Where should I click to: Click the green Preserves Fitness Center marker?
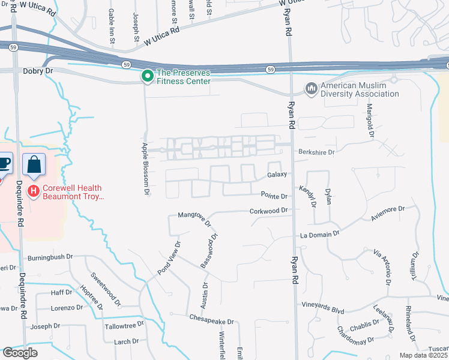pyautogui.click(x=146, y=76)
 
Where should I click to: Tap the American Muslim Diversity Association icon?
pyautogui.click(x=311, y=89)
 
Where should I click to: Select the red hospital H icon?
pyautogui.click(x=34, y=191)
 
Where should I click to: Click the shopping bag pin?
pyautogui.click(x=34, y=164)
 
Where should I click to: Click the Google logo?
pyautogui.click(x=19, y=352)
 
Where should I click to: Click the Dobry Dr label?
pyautogui.click(x=38, y=71)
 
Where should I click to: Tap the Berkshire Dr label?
pyautogui.click(x=316, y=152)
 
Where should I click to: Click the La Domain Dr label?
pyautogui.click(x=319, y=234)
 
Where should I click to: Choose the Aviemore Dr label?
pyautogui.click(x=388, y=214)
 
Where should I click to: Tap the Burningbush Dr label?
pyautogui.click(x=50, y=256)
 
